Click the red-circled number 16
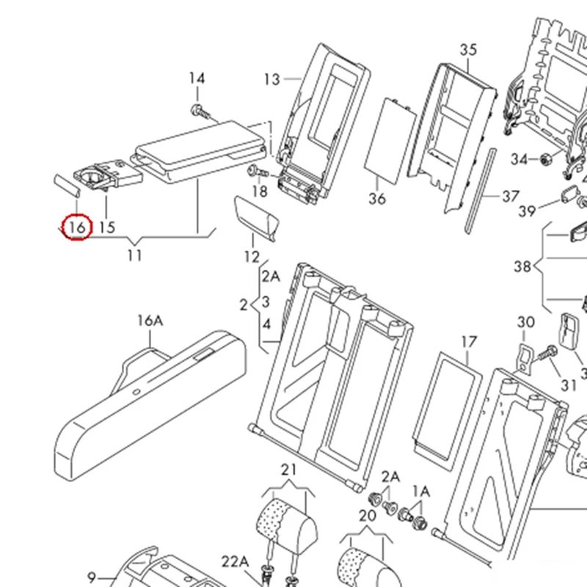click(76, 227)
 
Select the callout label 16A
click(149, 321)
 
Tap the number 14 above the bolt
click(197, 79)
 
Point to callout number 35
click(468, 50)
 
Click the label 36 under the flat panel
click(377, 199)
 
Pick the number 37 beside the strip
click(511, 197)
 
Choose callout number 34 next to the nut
click(519, 159)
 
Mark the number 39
click(527, 211)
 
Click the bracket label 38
click(522, 266)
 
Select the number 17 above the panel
click(469, 342)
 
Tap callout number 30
click(526, 322)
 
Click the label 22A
click(236, 561)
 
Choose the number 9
click(92, 576)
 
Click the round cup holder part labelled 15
click(95, 178)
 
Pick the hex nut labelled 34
click(546, 158)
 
